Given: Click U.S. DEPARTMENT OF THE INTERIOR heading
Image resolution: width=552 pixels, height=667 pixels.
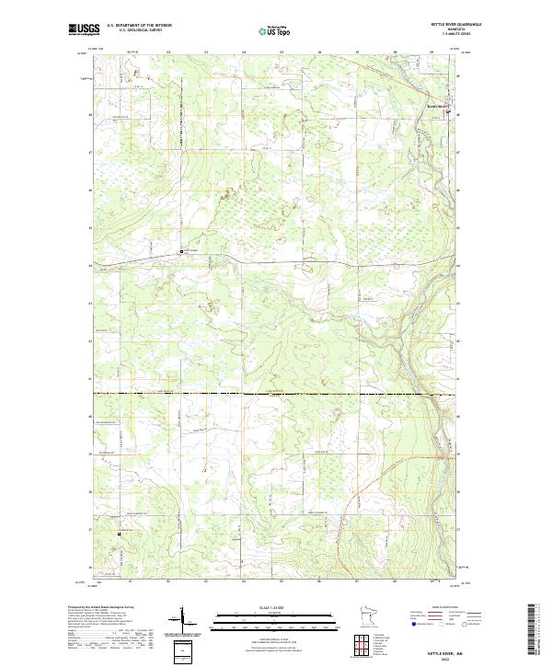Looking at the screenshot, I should click(139, 25).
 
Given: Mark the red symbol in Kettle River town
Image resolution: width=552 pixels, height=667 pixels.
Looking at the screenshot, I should click(450, 112).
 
